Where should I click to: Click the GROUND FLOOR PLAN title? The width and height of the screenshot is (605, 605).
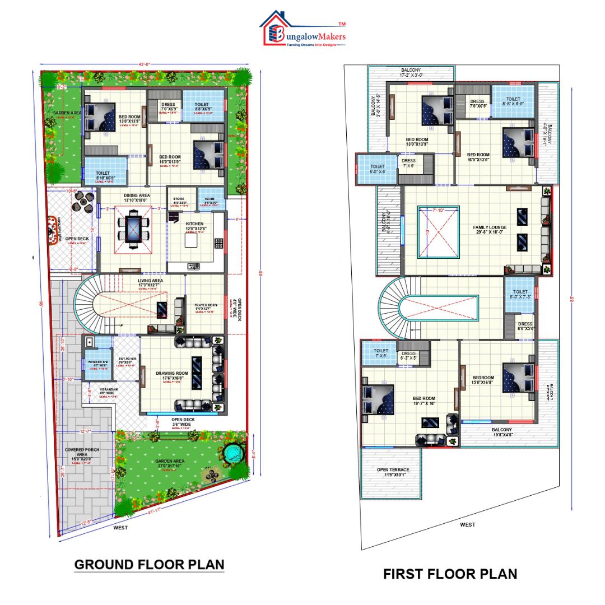coord(149,564)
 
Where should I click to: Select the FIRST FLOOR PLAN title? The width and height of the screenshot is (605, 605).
coord(450,574)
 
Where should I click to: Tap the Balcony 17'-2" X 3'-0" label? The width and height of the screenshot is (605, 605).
coord(411,71)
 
